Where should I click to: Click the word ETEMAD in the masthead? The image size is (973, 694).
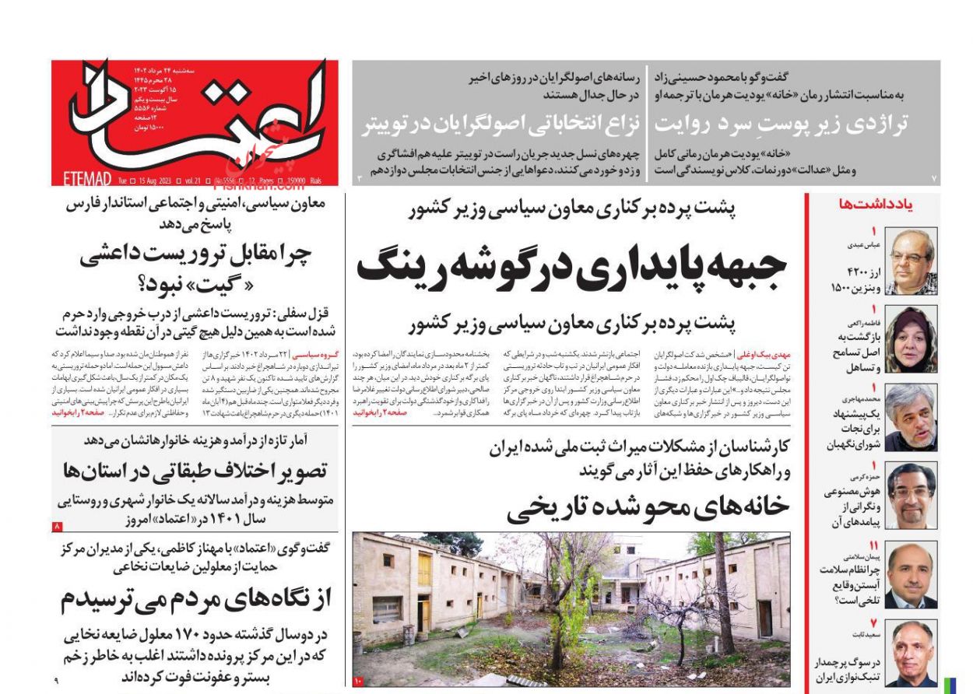pyautogui.click(x=83, y=180)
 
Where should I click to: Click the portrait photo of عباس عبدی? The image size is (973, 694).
pyautogui.click(x=912, y=262)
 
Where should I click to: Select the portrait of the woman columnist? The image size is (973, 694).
pyautogui.click(x=912, y=339)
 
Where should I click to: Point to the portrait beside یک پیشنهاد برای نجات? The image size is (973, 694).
pyautogui.click(x=912, y=418)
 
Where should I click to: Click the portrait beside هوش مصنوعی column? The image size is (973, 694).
pyautogui.click(x=912, y=496)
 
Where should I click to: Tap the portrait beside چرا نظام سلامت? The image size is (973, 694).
pyautogui.click(x=912, y=576)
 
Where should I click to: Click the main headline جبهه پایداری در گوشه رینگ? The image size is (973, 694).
pyautogui.click(x=572, y=266)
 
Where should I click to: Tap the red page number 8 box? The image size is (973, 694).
pyautogui.click(x=57, y=527)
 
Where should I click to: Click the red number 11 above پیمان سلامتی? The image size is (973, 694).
pyautogui.click(x=873, y=545)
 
